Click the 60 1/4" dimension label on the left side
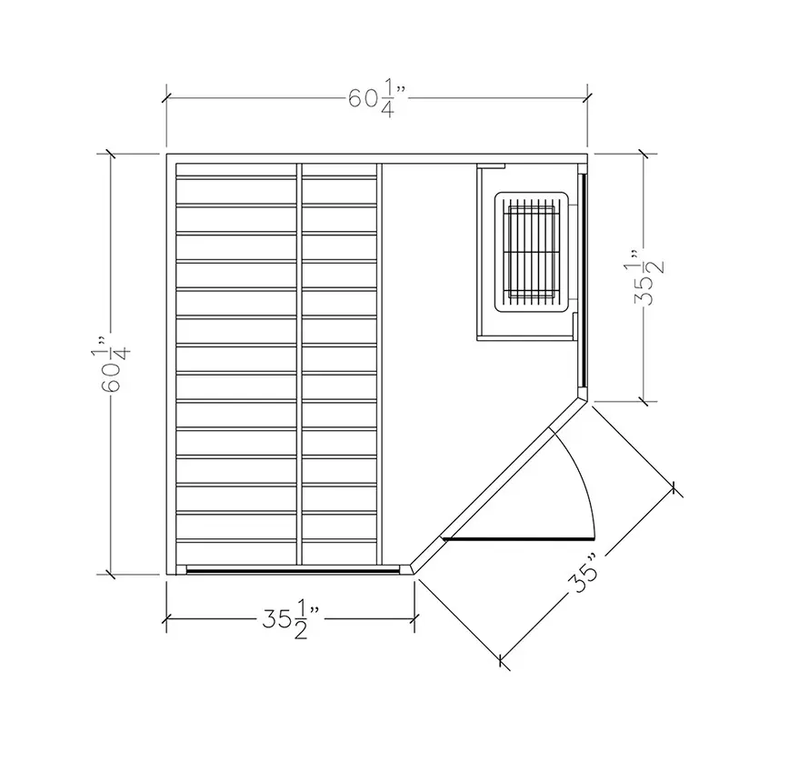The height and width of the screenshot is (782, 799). click(112, 364)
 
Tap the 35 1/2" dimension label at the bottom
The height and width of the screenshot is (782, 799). click(291, 620)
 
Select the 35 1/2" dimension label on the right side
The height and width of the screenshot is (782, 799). click(649, 276)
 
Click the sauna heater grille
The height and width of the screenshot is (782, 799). click(531, 252)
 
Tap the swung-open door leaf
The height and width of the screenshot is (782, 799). click(518, 538)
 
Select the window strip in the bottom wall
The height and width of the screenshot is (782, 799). click(293, 570)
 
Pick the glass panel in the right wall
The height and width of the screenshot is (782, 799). click(584, 279)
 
